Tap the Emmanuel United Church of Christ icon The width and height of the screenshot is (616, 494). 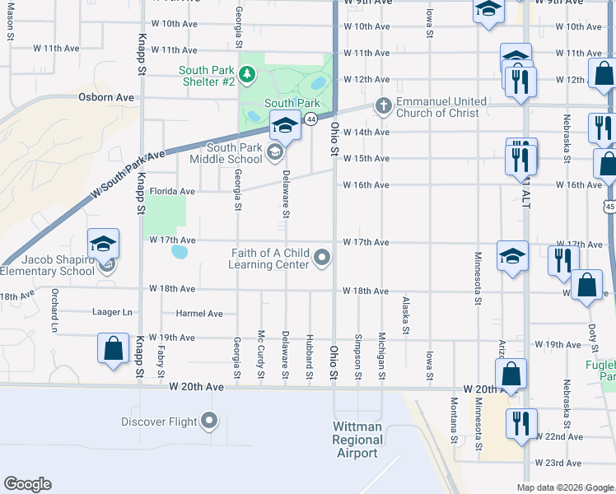pos(382,105)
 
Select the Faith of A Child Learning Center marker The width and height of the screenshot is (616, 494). pos(323,259)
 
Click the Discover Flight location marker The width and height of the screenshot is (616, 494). pos(210,422)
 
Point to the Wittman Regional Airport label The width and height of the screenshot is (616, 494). pos(357,440)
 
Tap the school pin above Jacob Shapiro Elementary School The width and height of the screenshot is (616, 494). pos(104,244)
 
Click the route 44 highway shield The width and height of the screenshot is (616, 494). pos(310,119)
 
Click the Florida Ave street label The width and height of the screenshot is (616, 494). pos(172,191)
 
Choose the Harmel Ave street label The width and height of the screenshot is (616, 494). pos(199,314)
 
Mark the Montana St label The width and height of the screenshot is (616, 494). pos(455,419)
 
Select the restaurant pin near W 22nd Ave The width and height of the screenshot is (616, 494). pos(521,423)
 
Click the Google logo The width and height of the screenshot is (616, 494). pos(27,484)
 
